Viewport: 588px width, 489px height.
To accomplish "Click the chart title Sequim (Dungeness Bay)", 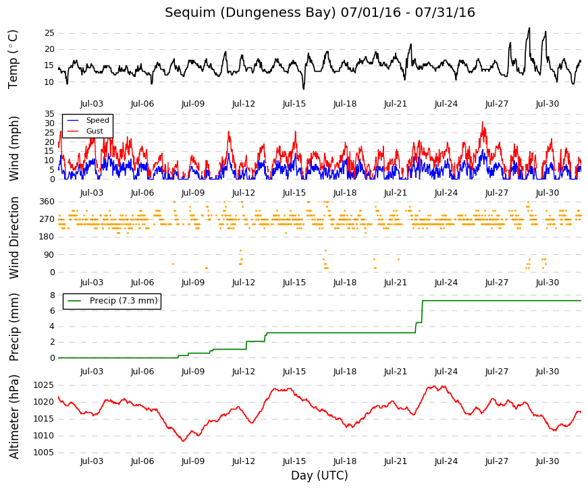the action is pos(250,12).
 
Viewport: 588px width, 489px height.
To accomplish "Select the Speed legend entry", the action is pos(88,120).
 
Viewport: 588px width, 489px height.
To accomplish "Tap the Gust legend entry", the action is pos(85,131).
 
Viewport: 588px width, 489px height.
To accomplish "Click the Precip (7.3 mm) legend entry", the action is pos(112,301).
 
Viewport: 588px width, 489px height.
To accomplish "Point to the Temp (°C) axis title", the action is pos(13,59).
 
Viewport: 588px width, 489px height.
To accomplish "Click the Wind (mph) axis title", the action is pos(14,148).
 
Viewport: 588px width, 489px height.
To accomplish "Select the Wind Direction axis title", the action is pos(14,238).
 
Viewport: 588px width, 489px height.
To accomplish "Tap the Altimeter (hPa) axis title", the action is pos(14,417).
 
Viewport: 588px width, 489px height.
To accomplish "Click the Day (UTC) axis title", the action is pos(319,476).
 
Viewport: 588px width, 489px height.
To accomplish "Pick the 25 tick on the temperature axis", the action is pos(49,33).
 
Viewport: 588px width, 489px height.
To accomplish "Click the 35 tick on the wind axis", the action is pos(49,114).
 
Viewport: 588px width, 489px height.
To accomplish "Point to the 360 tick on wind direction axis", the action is pos(47,202).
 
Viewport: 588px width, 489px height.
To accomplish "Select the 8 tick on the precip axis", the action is pos(52,295).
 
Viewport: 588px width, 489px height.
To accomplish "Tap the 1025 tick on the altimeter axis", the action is pos(44,385).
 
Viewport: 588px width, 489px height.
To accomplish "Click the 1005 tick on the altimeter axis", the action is pos(44,453).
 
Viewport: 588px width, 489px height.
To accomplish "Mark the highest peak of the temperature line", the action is pos(529,28).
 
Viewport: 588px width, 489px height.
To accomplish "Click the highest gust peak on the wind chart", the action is pos(483,122).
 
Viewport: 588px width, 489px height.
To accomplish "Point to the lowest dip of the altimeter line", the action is pos(183,441).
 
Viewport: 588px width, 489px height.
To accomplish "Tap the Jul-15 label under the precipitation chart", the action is pos(294,372).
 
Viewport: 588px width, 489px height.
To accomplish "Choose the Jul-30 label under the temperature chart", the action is pos(547,104).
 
